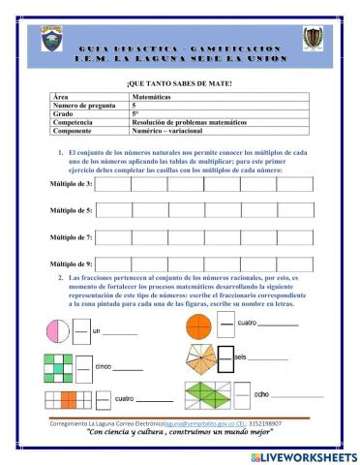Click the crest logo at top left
(49, 40)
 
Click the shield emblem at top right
(312, 39)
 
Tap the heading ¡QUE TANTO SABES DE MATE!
(180, 84)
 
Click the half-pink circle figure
(53, 331)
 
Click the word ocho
(261, 394)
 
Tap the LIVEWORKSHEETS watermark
(303, 455)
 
